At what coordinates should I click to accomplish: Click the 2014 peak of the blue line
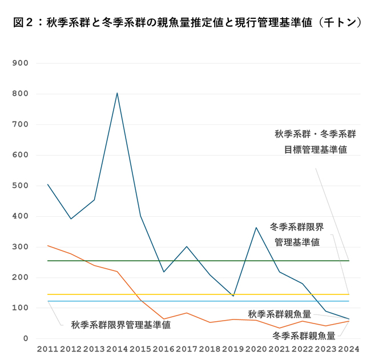click(117, 92)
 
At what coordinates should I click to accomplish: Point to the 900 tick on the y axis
click(21, 63)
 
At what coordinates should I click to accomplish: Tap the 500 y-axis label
click(21, 185)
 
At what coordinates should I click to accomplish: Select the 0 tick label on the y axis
click(26, 338)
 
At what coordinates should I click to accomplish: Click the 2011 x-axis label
click(47, 348)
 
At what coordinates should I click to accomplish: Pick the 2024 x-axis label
click(349, 348)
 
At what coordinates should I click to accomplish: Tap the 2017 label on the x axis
click(187, 348)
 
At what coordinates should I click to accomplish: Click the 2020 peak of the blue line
click(256, 228)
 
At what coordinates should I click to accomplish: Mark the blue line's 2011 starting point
click(48, 184)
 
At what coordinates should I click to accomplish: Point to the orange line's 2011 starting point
click(48, 245)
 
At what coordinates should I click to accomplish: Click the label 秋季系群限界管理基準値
click(120, 325)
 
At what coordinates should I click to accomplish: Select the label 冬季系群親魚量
click(303, 335)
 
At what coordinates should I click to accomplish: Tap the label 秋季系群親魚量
click(279, 314)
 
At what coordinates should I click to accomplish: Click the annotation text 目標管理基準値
click(316, 150)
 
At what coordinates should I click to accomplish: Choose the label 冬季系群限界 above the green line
click(297, 227)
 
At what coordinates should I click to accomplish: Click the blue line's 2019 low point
click(233, 296)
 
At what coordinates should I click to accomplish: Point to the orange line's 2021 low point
click(279, 328)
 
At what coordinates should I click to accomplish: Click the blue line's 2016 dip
click(163, 272)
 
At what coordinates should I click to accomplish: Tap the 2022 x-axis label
click(303, 348)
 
